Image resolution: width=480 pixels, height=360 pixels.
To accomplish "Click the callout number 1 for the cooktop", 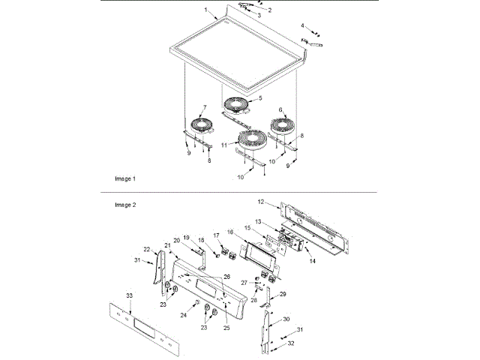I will coord(205,10).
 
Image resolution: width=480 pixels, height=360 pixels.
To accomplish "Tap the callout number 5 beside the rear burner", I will coord(259,98).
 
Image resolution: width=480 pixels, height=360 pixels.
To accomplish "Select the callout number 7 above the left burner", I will coord(202,107).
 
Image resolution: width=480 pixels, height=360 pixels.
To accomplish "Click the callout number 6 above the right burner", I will coord(280,109).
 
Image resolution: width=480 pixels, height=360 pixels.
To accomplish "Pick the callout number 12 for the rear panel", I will coord(261,202).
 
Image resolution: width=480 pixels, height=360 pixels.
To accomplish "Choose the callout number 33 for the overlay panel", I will coord(130,296).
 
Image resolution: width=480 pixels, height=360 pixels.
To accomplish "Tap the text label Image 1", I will coord(124,180).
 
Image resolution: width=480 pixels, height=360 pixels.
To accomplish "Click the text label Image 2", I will coord(124,204).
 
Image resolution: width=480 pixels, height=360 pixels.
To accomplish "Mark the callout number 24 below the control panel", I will coord(184,315).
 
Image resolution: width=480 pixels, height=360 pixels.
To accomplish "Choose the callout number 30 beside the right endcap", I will coord(285,319).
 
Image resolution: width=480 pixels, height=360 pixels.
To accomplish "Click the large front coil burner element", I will coord(247,139).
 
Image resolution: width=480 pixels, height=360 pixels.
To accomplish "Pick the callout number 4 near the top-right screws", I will coord(303,26).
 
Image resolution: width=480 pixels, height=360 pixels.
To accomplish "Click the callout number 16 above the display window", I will coord(231,232).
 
